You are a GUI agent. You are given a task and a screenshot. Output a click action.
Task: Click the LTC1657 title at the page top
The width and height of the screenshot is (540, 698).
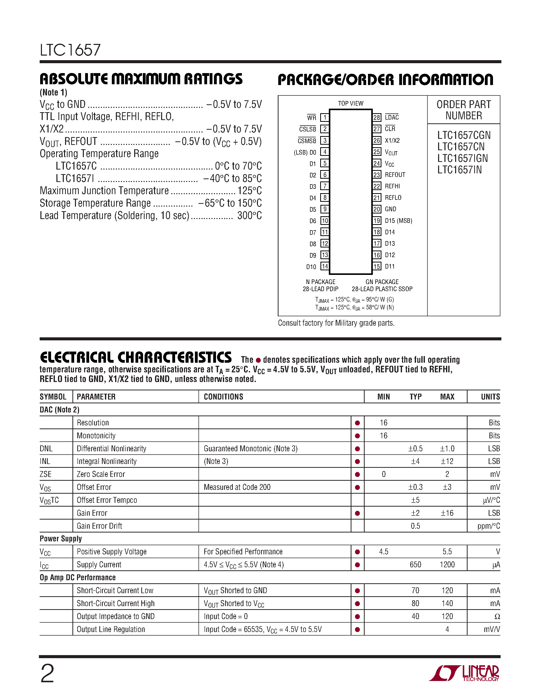[x=70, y=50]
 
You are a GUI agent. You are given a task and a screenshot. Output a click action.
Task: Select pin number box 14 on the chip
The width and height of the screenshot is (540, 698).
[x=325, y=266]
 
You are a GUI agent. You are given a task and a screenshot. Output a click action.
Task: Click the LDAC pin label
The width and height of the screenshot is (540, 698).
[x=392, y=117]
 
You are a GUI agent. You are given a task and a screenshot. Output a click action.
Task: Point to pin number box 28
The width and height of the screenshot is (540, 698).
[x=377, y=117]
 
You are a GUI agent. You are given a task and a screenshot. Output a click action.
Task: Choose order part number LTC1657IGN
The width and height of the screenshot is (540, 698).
[x=462, y=158]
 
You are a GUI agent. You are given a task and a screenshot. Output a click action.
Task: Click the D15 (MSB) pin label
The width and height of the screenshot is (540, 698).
[x=398, y=221]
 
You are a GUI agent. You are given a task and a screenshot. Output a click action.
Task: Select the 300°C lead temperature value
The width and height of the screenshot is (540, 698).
[x=249, y=215]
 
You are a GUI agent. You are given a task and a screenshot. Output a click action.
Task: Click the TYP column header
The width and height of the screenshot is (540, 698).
[x=415, y=397]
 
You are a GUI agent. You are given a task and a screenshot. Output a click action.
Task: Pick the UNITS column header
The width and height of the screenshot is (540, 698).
[x=490, y=397]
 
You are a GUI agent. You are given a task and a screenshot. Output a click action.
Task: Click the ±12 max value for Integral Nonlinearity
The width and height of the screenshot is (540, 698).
[x=447, y=461]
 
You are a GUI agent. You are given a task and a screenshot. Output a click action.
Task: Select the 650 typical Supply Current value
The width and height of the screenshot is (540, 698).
[x=415, y=564]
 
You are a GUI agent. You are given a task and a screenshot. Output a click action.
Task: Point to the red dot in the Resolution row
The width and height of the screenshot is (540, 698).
[x=357, y=423]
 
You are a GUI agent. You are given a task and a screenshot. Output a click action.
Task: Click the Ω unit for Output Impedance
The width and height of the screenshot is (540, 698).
[x=497, y=616]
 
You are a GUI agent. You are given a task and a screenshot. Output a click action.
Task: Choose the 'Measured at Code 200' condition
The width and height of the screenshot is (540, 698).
[x=237, y=487]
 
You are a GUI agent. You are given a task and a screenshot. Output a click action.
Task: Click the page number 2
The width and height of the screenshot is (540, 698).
[x=47, y=673]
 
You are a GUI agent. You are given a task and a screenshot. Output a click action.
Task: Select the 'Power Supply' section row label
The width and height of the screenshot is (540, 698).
[x=61, y=539]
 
